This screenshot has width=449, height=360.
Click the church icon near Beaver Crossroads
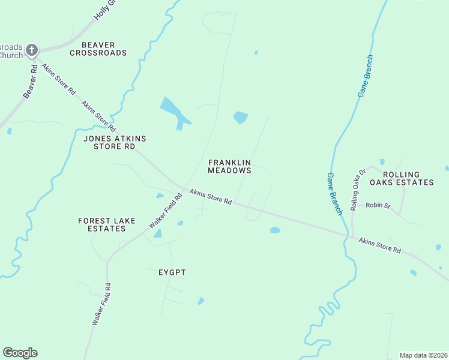tap(32, 50)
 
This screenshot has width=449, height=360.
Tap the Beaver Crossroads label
tap(98, 49)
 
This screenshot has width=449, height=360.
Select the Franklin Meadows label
tap(229, 166)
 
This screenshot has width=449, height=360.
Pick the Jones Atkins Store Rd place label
tap(115, 142)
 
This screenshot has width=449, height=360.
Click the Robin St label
tap(378, 206)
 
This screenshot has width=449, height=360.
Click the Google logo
tap(20, 353)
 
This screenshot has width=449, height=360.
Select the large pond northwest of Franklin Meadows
tap(173, 110)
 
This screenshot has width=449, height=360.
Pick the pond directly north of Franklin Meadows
tap(240, 118)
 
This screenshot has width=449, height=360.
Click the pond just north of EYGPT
tap(158, 233)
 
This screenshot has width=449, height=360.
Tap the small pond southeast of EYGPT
tap(201, 301)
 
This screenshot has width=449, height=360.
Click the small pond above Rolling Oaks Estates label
tap(382, 161)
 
